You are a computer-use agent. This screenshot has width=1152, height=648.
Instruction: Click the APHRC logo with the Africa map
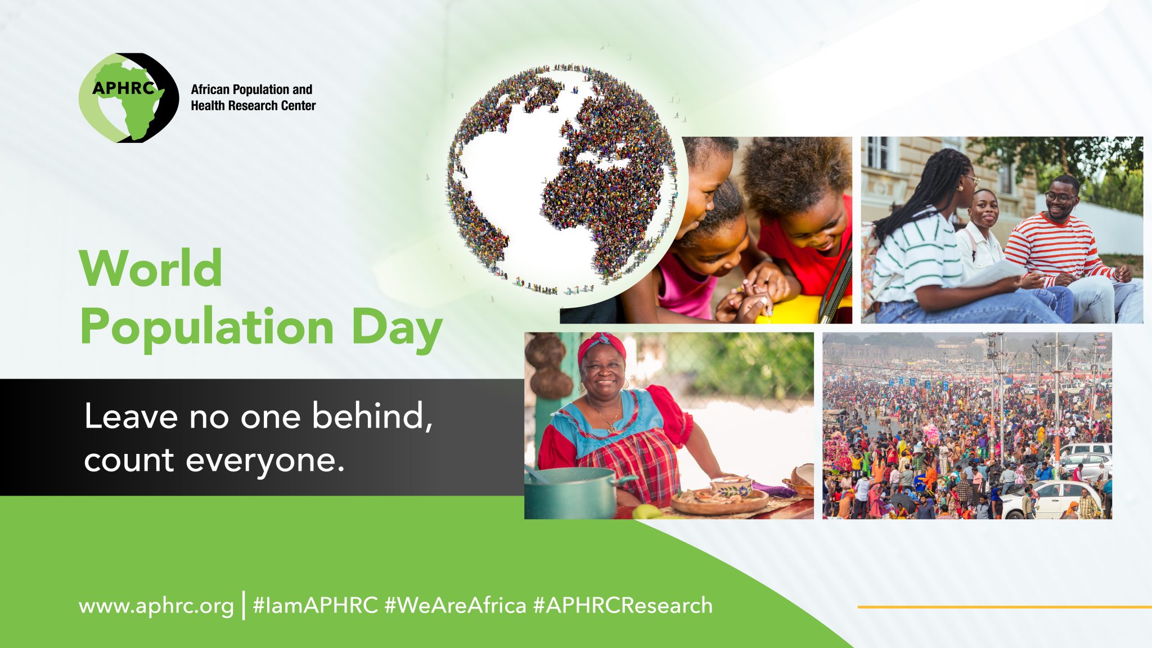(x=129, y=97)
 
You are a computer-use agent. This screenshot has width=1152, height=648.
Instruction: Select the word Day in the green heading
(x=397, y=329)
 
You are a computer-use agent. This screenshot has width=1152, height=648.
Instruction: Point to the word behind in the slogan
(x=372, y=416)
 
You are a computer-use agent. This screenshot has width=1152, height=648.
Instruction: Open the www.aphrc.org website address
(x=156, y=606)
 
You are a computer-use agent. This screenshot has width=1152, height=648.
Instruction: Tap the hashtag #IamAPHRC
(x=316, y=605)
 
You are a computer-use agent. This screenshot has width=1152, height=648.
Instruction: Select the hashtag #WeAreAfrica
(x=456, y=605)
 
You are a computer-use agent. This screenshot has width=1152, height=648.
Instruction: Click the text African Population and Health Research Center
(x=253, y=97)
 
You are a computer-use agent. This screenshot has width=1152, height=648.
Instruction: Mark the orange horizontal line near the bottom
(x=1005, y=607)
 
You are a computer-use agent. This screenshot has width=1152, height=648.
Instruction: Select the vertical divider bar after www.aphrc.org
(x=244, y=605)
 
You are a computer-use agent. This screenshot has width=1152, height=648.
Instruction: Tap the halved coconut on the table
(x=802, y=476)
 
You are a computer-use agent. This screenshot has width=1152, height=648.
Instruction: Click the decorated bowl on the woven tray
(x=731, y=487)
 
